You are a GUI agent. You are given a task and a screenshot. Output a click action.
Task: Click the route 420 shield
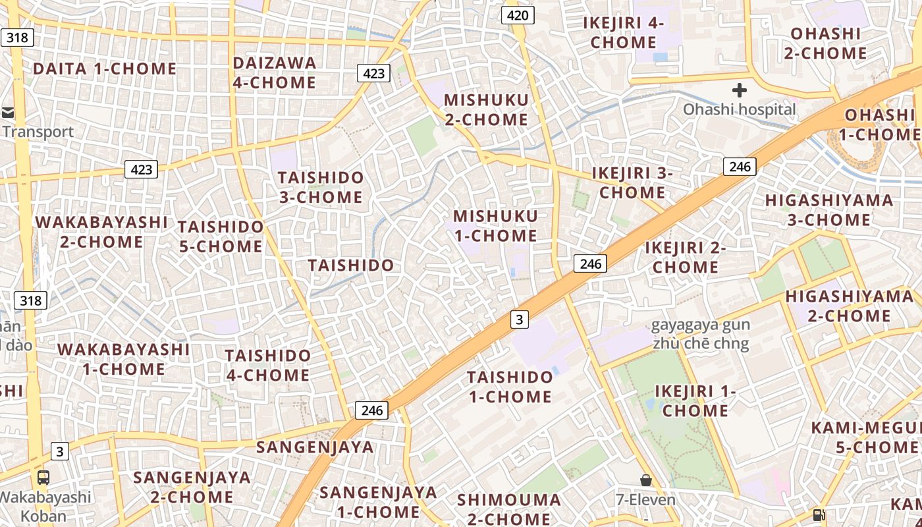click(518, 15)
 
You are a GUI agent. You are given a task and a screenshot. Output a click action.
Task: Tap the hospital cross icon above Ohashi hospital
click(739, 90)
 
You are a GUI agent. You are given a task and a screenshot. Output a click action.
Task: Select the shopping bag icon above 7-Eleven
click(646, 480)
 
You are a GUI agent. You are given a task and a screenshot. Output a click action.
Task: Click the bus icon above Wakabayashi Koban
click(43, 478)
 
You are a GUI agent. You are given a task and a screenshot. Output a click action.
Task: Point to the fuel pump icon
click(819, 514)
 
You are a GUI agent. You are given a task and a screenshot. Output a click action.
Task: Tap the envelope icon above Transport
click(9, 113)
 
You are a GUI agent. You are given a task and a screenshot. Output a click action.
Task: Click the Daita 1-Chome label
click(105, 69)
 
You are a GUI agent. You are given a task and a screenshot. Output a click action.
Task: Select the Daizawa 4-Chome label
click(275, 72)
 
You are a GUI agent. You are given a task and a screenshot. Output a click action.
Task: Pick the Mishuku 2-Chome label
click(486, 109)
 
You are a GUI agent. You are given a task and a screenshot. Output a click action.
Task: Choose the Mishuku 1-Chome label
click(495, 225)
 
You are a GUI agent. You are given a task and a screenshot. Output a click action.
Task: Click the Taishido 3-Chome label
click(320, 187)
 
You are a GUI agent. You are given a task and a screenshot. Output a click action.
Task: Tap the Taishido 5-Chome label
click(221, 236)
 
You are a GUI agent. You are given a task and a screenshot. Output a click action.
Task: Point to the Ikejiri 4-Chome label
click(623, 32)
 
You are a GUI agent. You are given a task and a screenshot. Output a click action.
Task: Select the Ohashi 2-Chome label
click(825, 43)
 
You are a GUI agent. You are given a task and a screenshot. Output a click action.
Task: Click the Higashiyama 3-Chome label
click(829, 209)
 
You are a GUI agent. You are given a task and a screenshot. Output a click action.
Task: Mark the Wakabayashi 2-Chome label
click(101, 232)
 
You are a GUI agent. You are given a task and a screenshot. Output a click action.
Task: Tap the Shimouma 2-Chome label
click(509, 509)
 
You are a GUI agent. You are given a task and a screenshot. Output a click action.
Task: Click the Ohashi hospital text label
click(739, 109)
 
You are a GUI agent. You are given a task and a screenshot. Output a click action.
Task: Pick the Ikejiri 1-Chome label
click(695, 401)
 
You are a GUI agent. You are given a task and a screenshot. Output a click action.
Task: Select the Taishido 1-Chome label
click(510, 387)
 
